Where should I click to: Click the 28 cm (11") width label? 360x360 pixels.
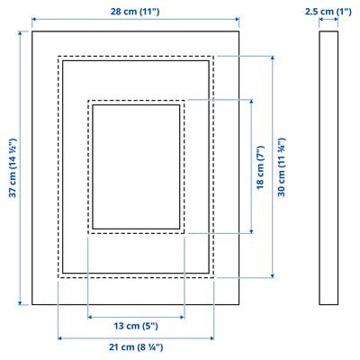135,11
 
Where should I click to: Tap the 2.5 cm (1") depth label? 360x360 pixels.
328,11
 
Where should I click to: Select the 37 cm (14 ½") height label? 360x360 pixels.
12,168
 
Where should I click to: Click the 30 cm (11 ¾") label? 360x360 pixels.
282,166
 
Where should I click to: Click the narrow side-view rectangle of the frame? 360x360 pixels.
328,168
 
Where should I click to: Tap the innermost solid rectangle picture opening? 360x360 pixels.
136,166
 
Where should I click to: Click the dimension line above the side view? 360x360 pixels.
328,21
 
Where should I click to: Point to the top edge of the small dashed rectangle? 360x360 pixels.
136,100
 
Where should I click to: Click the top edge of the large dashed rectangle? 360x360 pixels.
137,58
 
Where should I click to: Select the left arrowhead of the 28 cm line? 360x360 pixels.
35,21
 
